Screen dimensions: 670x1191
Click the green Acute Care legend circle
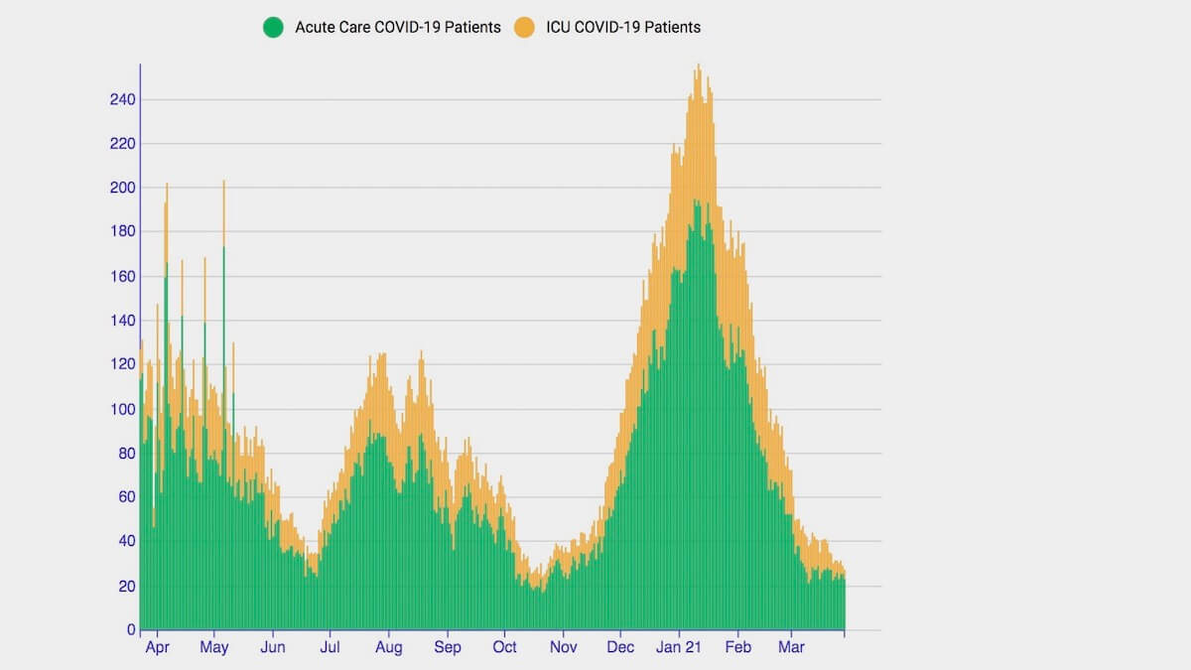pyautogui.click(x=273, y=28)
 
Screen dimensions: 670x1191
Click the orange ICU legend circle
pyautogui.click(x=524, y=28)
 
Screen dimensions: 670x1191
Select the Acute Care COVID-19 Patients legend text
pyautogui.click(x=397, y=28)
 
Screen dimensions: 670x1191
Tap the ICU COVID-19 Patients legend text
pyautogui.click(x=623, y=28)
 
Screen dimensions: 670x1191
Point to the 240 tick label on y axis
pyautogui.click(x=123, y=99)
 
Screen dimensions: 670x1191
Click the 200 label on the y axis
pyautogui.click(x=123, y=188)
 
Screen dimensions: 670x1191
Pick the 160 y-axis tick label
pyautogui.click(x=123, y=276)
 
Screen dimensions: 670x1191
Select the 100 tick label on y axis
pyautogui.click(x=123, y=409)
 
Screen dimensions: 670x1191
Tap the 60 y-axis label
pyautogui.click(x=127, y=497)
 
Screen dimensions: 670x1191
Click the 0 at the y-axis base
pyautogui.click(x=131, y=629)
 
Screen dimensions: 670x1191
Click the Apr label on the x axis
pyautogui.click(x=156, y=648)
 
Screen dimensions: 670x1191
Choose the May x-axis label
pyautogui.click(x=213, y=648)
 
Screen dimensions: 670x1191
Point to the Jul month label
pyautogui.click(x=330, y=648)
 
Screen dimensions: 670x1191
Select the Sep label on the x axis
pyautogui.click(x=447, y=648)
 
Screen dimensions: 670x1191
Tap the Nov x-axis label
pyautogui.click(x=563, y=648)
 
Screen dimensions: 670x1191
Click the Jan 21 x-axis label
pyautogui.click(x=680, y=648)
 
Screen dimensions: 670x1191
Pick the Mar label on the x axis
pyautogui.click(x=791, y=648)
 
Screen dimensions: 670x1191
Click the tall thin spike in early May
pyautogui.click(x=223, y=185)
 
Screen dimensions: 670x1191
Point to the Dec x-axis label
pyautogui.click(x=620, y=648)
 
